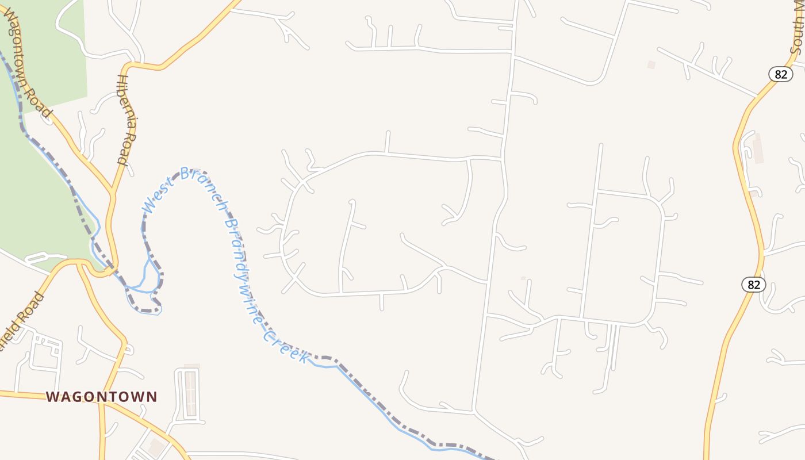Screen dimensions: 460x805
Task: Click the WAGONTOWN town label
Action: pyautogui.click(x=101, y=397)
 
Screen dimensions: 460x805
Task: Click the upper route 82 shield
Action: pyautogui.click(x=780, y=74)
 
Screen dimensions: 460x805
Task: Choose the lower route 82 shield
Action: pyautogui.click(x=753, y=284)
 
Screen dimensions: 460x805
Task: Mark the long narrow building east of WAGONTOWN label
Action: pyautogui.click(x=190, y=393)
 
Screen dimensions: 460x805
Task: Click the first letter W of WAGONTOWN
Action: pyautogui.click(x=52, y=397)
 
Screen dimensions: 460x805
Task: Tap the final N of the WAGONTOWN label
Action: pyautogui.click(x=152, y=397)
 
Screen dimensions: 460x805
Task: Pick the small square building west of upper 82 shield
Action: pyautogui.click(x=651, y=65)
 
